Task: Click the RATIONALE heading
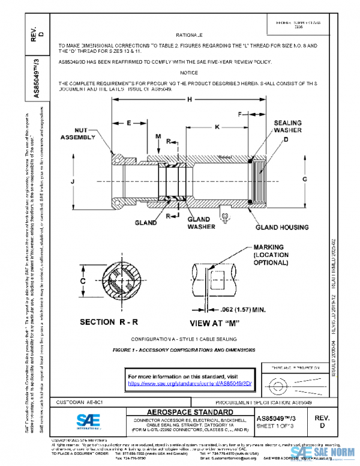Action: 193,35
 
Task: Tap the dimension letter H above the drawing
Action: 190,100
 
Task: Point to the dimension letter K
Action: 217,127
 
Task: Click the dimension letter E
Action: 128,123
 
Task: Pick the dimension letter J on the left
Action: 73,180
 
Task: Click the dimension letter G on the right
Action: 304,180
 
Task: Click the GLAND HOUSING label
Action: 282,228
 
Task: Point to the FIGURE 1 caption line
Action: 185,349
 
